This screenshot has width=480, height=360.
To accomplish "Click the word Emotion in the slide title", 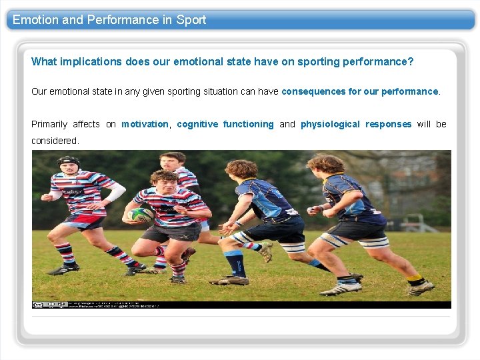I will coord(35,20).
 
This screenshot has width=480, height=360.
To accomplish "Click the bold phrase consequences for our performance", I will coord(360,91).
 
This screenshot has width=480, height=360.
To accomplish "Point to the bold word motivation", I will coord(145,124).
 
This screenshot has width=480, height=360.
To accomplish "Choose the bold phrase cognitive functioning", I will coord(225,124).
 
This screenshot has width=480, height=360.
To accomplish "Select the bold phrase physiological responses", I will coord(356,124).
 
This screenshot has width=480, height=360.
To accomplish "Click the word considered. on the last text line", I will coord(55,141).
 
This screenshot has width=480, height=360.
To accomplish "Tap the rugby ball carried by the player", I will coord(141,215).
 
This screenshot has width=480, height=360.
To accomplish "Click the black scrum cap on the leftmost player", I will coord(68,161).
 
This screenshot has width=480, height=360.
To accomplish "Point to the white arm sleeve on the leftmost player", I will coord(115,193).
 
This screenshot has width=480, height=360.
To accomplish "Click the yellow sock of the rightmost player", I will coord(415,278).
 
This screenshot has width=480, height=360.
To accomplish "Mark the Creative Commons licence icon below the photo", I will coord(38,304).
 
